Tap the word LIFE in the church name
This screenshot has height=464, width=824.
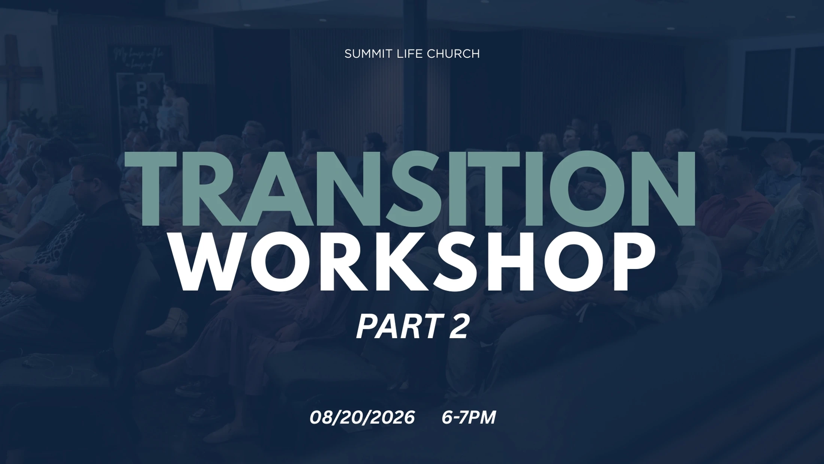pyautogui.click(x=406, y=54)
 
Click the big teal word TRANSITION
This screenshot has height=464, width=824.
pyautogui.click(x=410, y=189)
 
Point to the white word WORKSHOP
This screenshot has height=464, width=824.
pyautogui.click(x=414, y=262)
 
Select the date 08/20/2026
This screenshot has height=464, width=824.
pyautogui.click(x=362, y=418)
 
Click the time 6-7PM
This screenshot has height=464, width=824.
pyautogui.click(x=469, y=418)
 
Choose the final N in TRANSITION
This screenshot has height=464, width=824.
pyautogui.click(x=661, y=189)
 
